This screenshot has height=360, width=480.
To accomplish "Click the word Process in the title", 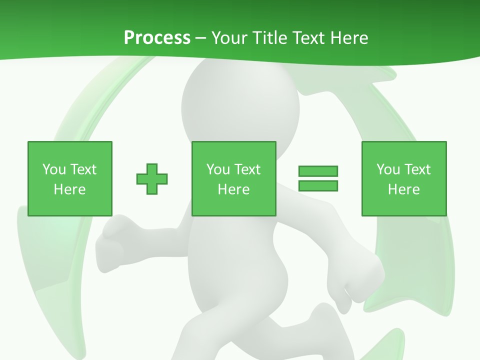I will (157, 38).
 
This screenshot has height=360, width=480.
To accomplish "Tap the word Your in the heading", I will (229, 38).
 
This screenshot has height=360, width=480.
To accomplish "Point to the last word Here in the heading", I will (349, 38).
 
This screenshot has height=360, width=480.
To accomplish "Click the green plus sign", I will (152, 178).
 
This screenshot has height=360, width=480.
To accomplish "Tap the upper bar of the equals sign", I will (318, 171).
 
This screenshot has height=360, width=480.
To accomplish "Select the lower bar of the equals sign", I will (318, 186).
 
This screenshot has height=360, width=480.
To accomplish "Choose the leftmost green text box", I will (69, 178).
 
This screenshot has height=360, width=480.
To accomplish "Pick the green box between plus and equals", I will (233, 178).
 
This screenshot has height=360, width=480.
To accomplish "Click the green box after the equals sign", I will (403, 178).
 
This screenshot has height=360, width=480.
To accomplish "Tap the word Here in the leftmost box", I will (69, 189).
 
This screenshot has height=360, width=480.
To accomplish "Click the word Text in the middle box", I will (247, 169).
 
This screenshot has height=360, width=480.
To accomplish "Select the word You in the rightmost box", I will (388, 169).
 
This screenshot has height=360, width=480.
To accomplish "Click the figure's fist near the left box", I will (112, 242).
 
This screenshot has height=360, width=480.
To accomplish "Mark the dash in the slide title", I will (200, 38).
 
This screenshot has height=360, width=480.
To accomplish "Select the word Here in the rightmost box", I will (403, 189).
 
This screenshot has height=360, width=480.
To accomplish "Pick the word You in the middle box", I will (218, 169).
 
